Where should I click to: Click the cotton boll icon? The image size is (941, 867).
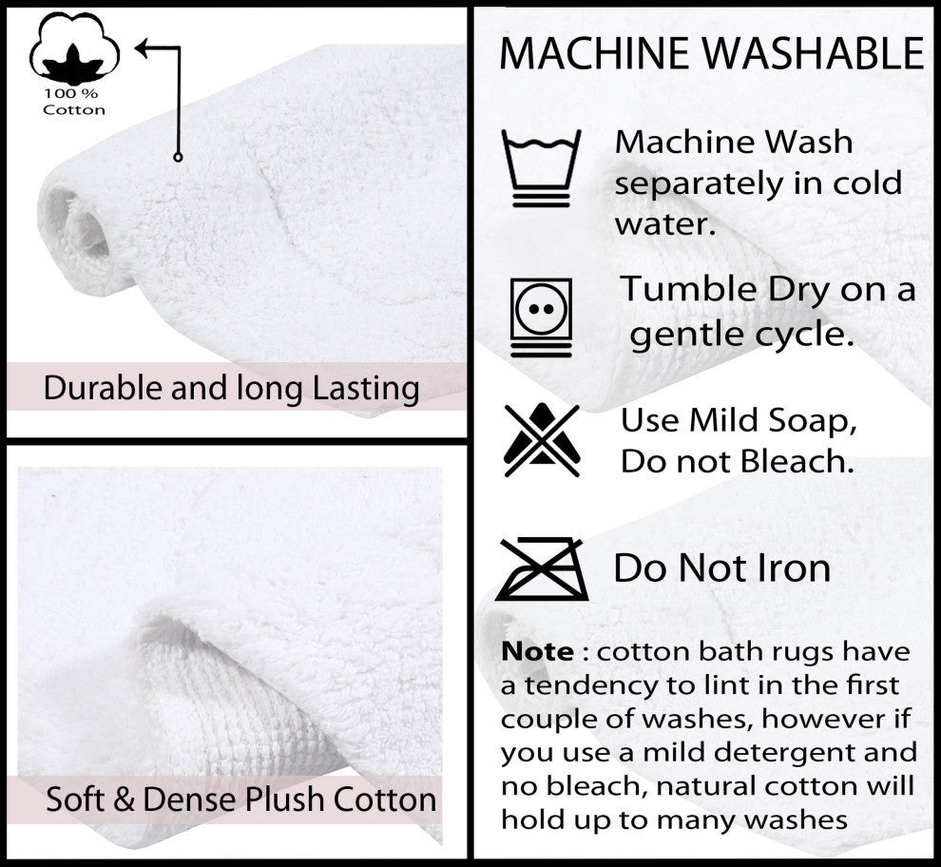click(x=74, y=48)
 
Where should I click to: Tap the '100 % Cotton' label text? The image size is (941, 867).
click(x=74, y=102)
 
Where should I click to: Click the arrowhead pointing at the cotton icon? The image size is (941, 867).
click(x=143, y=48)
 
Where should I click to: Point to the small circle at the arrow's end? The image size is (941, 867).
click(x=178, y=157)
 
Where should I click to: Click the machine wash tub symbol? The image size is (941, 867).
click(x=542, y=168)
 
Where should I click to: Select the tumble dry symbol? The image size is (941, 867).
click(x=542, y=318)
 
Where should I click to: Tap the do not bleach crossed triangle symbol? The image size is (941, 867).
click(x=542, y=440)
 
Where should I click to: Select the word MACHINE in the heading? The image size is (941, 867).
click(x=594, y=53)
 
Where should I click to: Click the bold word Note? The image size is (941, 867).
click(x=537, y=651)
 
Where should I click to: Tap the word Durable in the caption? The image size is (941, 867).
click(x=103, y=388)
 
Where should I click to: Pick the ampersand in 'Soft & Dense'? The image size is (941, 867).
click(x=124, y=800)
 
